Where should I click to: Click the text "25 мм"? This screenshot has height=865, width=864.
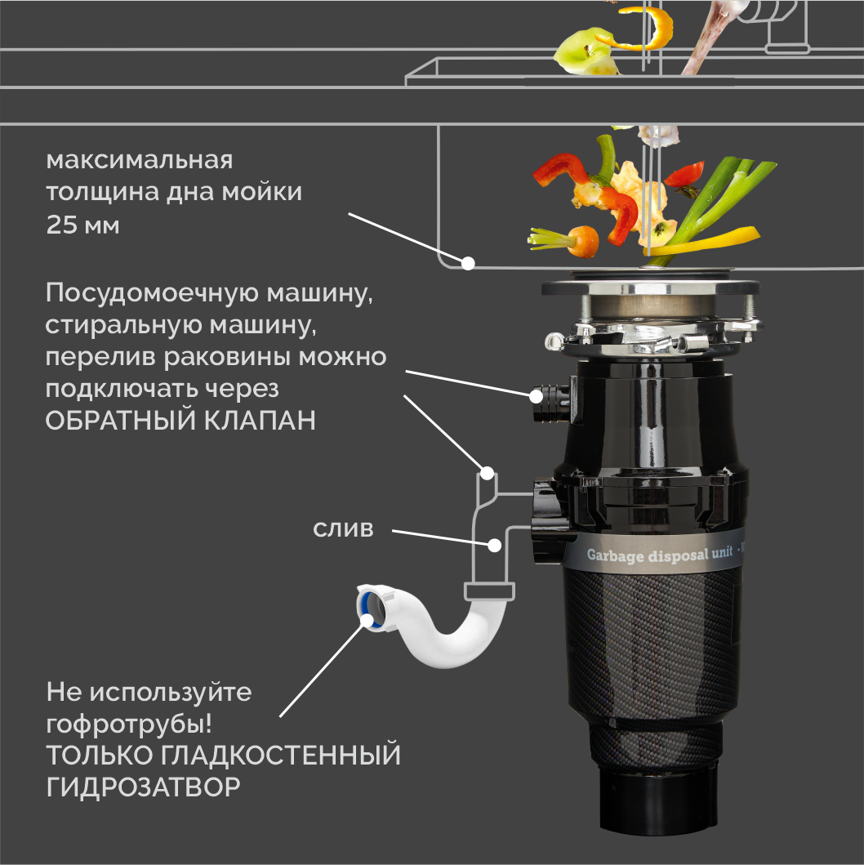pos(83,225)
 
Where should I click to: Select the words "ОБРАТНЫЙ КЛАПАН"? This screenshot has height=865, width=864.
pos(180,421)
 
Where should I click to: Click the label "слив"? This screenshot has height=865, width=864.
pos(343,529)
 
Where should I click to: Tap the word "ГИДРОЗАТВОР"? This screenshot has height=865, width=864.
pos(144,787)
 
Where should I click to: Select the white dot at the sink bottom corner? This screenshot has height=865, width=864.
pos(468,263)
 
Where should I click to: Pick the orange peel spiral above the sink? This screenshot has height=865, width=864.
pos(645,29)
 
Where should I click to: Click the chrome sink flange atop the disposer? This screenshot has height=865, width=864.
pos(649,288)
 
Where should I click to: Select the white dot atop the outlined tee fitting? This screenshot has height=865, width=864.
pos(487,472)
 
